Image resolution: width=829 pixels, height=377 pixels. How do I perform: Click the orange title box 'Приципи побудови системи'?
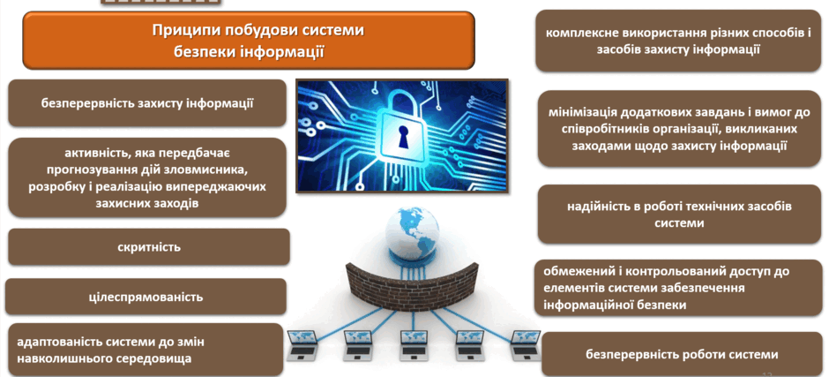point(249,41)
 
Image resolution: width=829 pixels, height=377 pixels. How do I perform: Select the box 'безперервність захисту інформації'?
point(147,103)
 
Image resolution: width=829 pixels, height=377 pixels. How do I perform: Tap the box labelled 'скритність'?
point(149,246)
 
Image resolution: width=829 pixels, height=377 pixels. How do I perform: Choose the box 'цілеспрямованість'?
point(146,297)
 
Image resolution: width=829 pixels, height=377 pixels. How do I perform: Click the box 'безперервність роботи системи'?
point(682,355)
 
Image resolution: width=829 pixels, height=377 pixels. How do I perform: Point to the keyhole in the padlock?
point(403,139)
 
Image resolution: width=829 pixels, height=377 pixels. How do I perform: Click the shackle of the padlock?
point(402,101)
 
